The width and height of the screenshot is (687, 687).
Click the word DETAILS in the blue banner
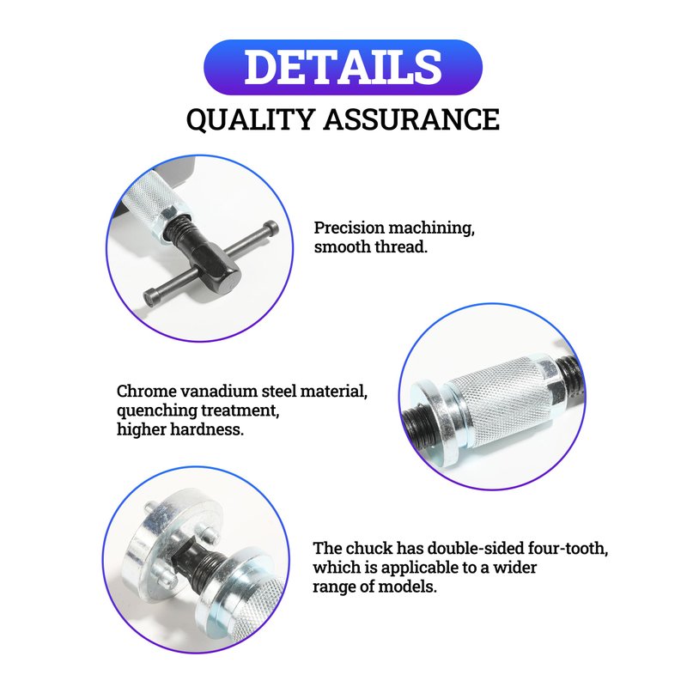pyautogui.click(x=343, y=67)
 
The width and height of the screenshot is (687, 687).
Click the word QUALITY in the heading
pyautogui.click(x=250, y=119)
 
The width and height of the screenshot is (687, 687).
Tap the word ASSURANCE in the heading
pyautogui.click(x=411, y=119)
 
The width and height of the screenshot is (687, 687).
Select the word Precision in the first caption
pyautogui.click(x=350, y=228)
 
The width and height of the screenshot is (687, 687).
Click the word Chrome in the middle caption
pyautogui.click(x=146, y=391)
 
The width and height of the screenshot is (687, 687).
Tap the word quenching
pyautogui.click(x=156, y=411)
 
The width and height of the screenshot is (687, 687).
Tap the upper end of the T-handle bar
pyautogui.click(x=272, y=228)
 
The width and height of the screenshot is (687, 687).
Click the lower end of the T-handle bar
pyautogui.click(x=151, y=298)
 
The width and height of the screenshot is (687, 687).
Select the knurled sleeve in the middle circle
pyautogui.click(x=500, y=403)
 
